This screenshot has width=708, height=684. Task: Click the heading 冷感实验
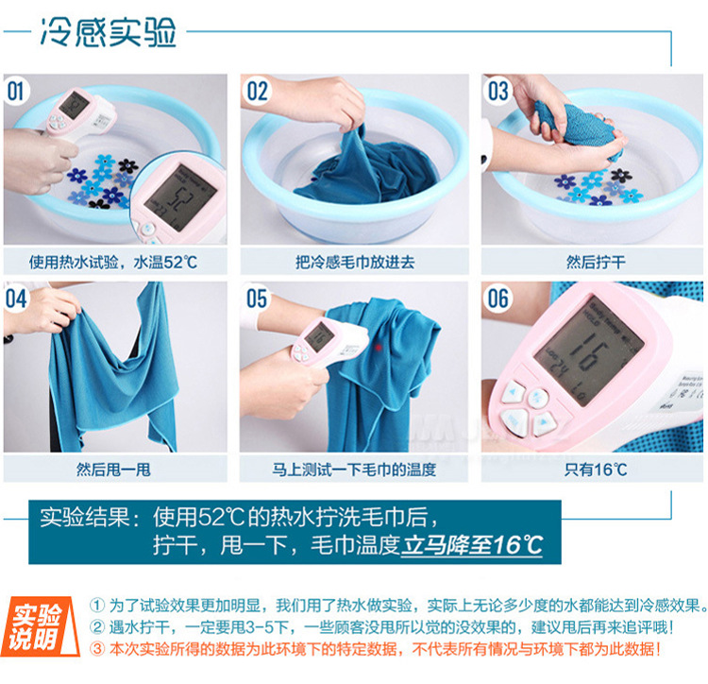[108, 32]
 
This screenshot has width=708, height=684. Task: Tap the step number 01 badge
[16, 91]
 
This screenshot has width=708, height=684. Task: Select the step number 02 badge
[257, 91]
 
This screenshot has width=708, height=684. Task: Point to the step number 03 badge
[497, 91]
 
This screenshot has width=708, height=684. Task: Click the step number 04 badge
[16, 299]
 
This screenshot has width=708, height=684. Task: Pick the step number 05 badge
[257, 299]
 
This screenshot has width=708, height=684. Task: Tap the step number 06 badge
[497, 299]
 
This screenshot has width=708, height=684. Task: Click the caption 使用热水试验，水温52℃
[113, 262]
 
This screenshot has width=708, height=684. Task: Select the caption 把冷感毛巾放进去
[355, 262]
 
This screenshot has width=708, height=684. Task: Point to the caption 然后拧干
[596, 262]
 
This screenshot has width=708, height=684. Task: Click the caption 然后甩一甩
[113, 470]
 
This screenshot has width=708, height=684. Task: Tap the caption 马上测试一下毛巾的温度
[354, 470]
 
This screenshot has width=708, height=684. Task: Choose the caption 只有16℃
[596, 470]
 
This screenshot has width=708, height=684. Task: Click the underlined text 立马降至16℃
[471, 545]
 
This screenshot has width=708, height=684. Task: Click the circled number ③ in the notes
[97, 649]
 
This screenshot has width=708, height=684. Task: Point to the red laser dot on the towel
[379, 347]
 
